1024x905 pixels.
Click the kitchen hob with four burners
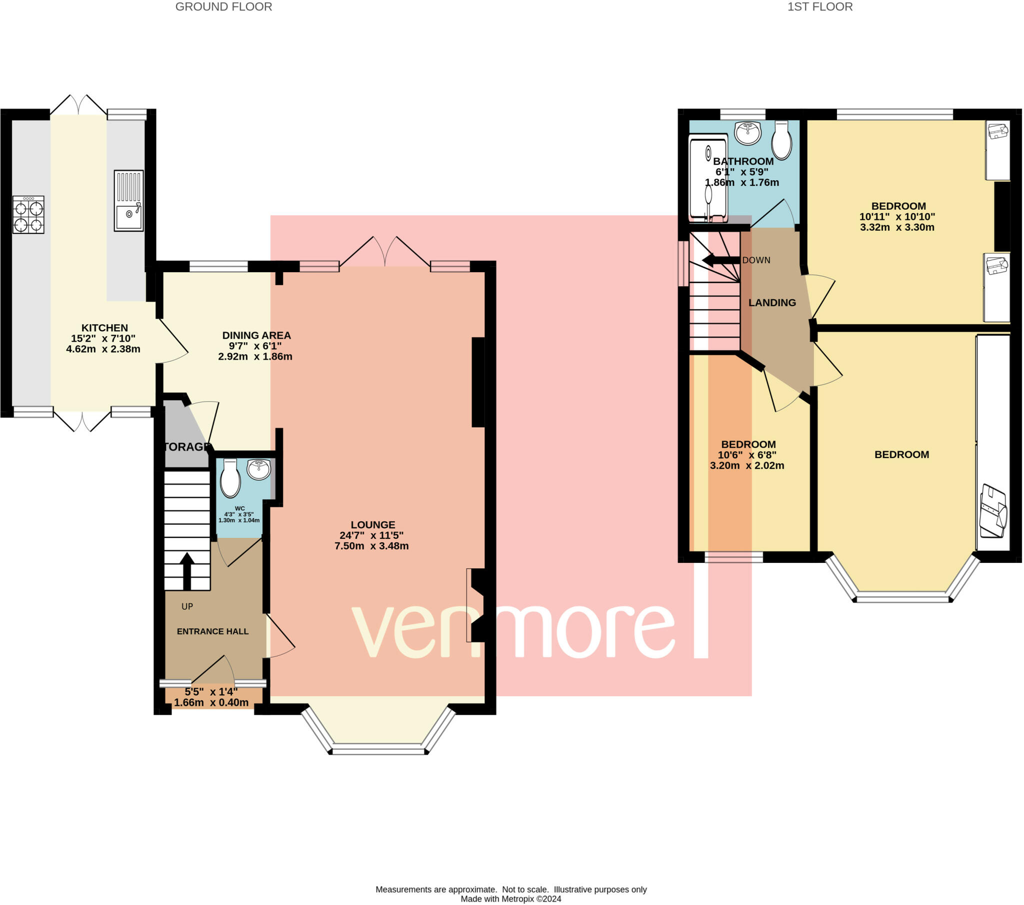pos(28,215)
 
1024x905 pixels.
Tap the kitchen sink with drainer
pos(129,201)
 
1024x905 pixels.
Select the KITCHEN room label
pos(104,328)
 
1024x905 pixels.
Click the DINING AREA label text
pos(256,335)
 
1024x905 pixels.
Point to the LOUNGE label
pos(372,524)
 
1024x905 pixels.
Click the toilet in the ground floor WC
pos(230,477)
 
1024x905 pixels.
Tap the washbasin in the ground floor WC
pos(259,470)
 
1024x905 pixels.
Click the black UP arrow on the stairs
pos(187,571)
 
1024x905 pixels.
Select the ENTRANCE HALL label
pos(213,632)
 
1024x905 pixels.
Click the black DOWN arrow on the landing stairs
pos(721,260)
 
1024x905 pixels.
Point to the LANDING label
pos(772,303)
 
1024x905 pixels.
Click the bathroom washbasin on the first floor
pos(748,133)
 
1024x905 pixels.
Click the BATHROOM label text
pos(743,161)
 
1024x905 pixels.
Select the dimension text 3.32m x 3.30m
pos(897,227)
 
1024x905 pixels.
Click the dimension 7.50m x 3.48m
pos(371,546)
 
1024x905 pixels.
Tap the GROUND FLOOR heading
pos(223,7)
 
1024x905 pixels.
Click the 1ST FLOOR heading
pos(820,7)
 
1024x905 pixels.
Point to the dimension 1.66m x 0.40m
pos(211,703)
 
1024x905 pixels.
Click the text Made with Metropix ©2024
pos(511,899)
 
